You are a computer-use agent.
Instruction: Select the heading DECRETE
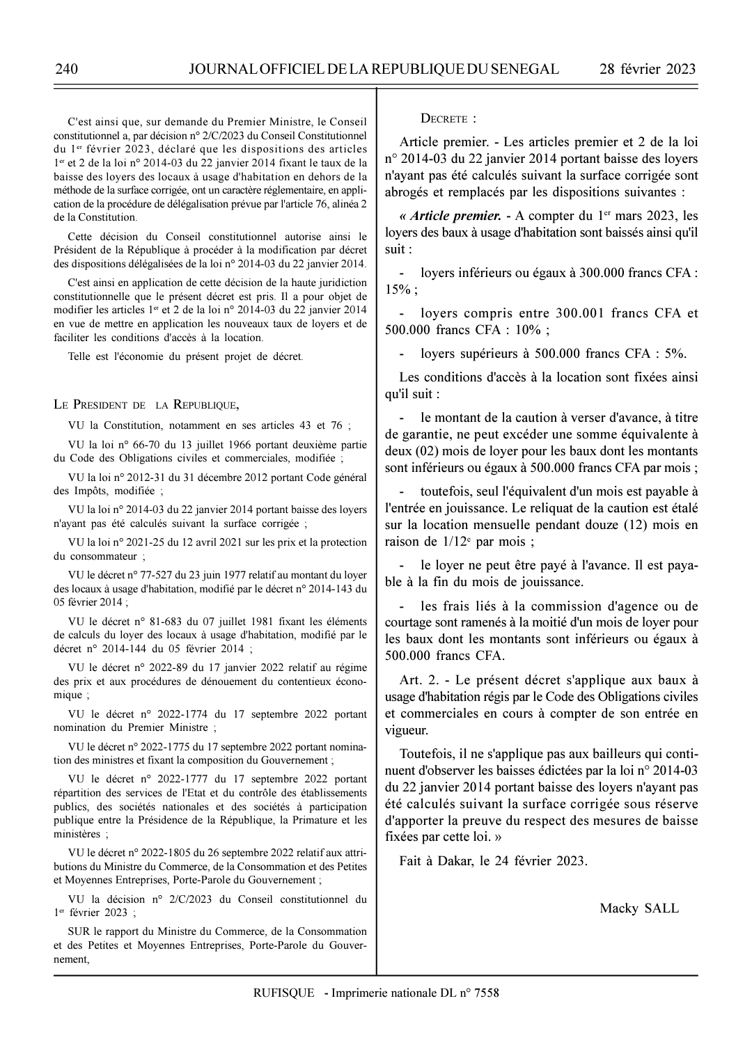[448, 118]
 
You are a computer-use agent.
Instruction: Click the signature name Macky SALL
[639, 908]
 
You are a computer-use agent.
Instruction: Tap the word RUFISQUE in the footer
[284, 993]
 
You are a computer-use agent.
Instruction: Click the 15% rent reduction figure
[398, 290]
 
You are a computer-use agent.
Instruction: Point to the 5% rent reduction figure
[675, 354]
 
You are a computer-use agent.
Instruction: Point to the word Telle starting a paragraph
[81, 357]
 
